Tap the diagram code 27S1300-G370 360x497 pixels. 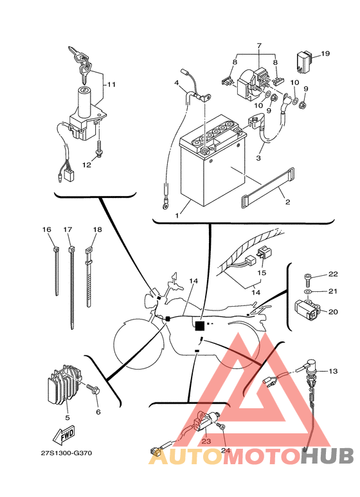[66, 453]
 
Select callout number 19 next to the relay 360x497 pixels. [325, 53]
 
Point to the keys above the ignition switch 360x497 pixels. [80, 64]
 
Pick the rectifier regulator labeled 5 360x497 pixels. [64, 385]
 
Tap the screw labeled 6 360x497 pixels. [94, 390]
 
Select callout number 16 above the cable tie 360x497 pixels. [46, 230]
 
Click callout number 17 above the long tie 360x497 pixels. [67, 230]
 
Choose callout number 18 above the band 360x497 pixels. [97, 230]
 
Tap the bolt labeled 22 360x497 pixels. [307, 278]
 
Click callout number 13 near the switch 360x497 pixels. [333, 371]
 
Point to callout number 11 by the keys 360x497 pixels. [111, 85]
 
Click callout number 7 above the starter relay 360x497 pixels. [259, 46]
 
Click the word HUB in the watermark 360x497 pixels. [327, 456]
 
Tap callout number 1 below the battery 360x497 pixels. [177, 215]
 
